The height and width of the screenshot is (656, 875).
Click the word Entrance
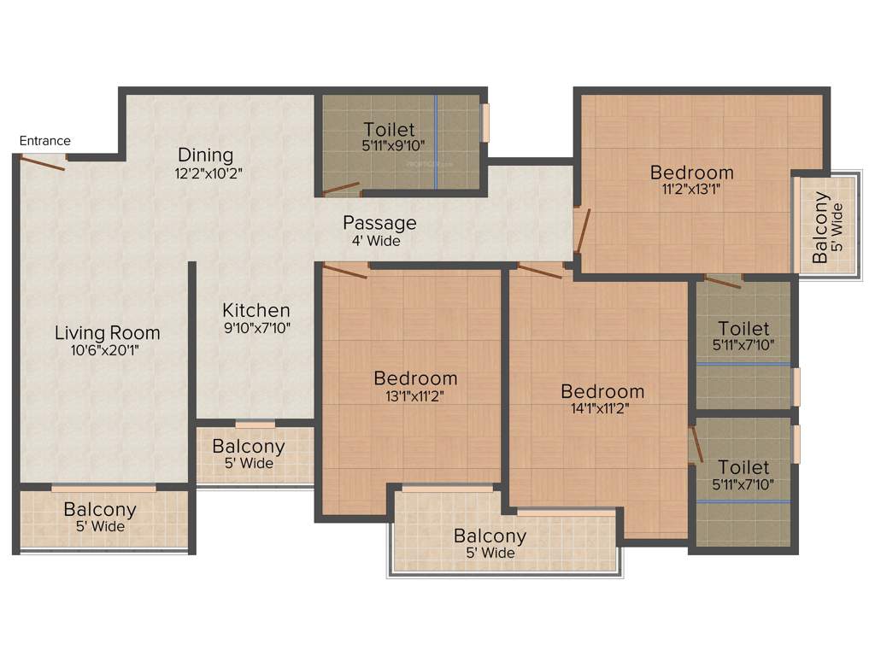pyautogui.click(x=45, y=141)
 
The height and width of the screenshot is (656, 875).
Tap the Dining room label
pyautogui.click(x=206, y=155)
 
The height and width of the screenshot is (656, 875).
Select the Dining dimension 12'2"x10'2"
pyautogui.click(x=206, y=172)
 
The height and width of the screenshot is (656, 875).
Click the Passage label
pyautogui.click(x=379, y=223)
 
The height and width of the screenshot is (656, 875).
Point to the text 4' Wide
pyautogui.click(x=376, y=241)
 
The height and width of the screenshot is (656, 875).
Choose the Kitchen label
pyautogui.click(x=256, y=310)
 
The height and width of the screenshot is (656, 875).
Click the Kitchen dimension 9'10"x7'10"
pyautogui.click(x=256, y=327)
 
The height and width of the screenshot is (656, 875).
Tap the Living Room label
pyautogui.click(x=108, y=332)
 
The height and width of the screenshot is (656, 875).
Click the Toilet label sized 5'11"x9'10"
pyautogui.click(x=390, y=130)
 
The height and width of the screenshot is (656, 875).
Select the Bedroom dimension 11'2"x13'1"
pyautogui.click(x=690, y=190)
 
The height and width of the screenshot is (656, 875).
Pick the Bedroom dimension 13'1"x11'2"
pyautogui.click(x=414, y=395)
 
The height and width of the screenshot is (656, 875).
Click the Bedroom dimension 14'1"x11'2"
pyautogui.click(x=602, y=408)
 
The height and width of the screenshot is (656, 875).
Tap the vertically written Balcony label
pyautogui.click(x=820, y=227)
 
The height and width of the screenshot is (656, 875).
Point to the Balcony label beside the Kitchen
pyautogui.click(x=249, y=446)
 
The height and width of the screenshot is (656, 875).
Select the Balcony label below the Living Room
pyautogui.click(x=100, y=510)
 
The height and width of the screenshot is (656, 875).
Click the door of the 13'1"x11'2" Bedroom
pyautogui.click(x=345, y=271)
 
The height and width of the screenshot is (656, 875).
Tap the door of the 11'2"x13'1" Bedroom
pyautogui.click(x=582, y=231)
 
